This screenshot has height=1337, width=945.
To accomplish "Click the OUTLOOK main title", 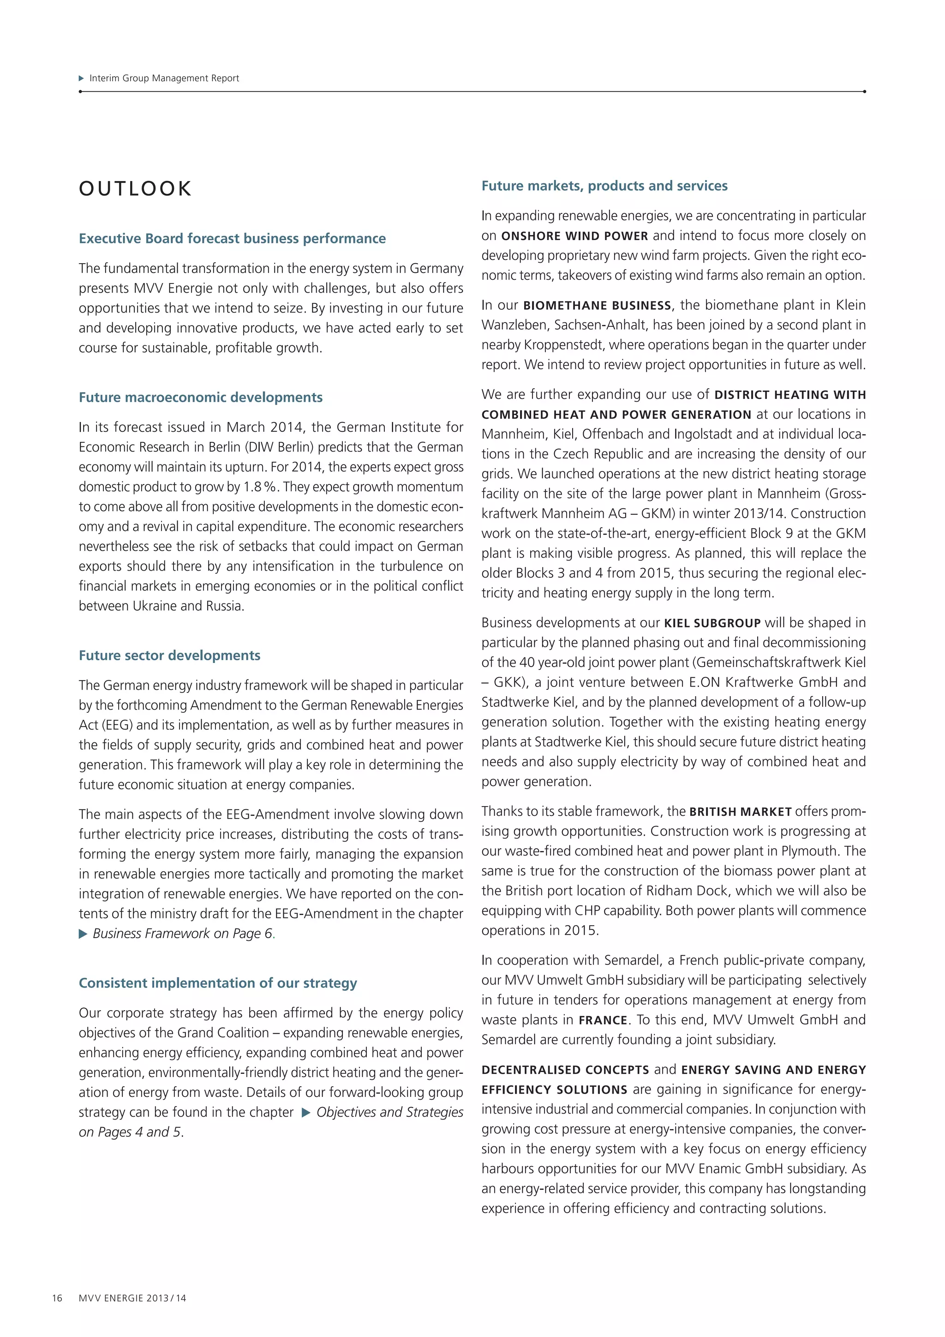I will point(135,189).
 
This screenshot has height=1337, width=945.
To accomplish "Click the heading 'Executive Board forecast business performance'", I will point(232,239).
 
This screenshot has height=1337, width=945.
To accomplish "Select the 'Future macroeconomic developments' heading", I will point(201,397).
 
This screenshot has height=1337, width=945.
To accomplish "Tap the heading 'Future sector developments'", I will point(169,656).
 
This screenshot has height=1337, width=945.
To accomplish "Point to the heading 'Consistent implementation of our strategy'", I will point(218,983).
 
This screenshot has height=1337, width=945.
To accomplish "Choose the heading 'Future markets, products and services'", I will point(604,186).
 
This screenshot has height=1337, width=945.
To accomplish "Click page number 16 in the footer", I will point(57,1298).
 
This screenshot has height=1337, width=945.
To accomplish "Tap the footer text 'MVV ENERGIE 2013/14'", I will point(133,1298).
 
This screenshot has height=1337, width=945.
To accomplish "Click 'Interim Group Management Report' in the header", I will point(164,78).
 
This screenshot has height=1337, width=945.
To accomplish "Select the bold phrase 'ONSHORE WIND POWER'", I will point(574,236).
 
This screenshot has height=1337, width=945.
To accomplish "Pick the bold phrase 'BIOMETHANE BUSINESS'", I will point(597,306).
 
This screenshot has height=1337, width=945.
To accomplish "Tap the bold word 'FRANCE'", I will point(603,1021).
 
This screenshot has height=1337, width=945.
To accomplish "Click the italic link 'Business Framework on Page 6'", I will point(183,934).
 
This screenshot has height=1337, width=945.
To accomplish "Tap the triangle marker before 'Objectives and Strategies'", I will point(306,1113).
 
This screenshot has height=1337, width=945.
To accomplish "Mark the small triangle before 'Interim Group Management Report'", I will point(82,78).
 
